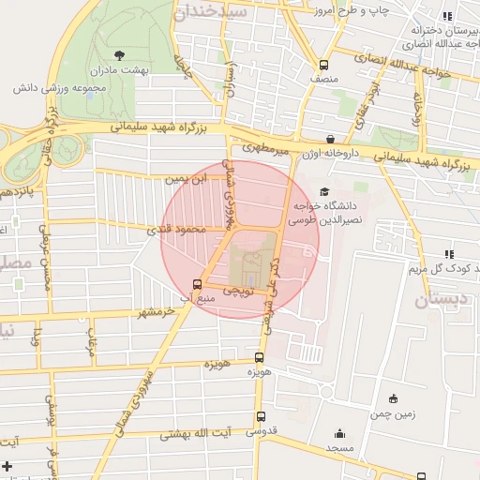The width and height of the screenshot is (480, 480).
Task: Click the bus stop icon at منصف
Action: click(x=323, y=66)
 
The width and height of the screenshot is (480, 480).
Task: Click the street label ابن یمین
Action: click(x=184, y=178)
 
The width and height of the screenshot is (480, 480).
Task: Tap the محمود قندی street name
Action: click(x=175, y=228)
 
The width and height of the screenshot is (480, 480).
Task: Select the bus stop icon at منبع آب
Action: click(x=197, y=284)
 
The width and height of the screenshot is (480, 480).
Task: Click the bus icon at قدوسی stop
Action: click(x=260, y=418)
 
